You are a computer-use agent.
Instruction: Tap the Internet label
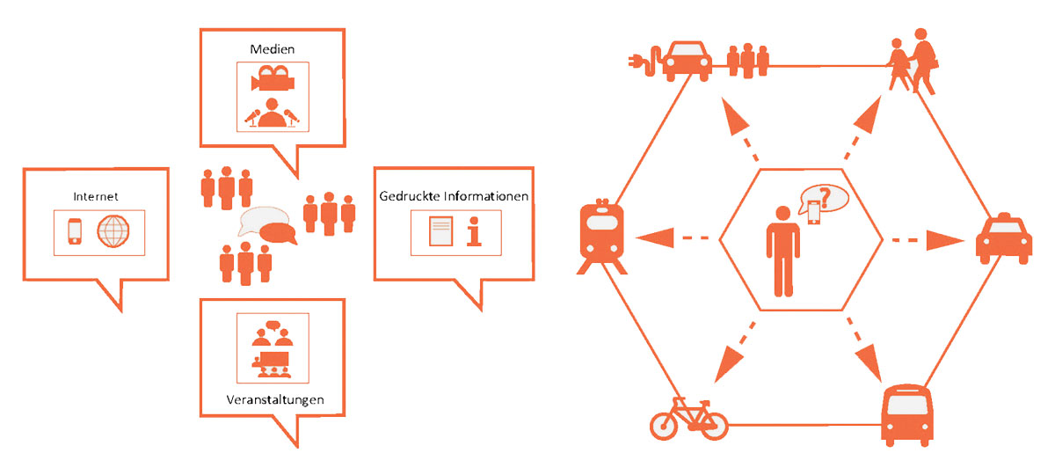pyautogui.click(x=97, y=196)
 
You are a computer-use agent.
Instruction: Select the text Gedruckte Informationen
pyautogui.click(x=454, y=196)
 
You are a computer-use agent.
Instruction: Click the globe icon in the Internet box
pyautogui.click(x=113, y=232)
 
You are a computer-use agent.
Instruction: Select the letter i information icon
pyautogui.click(x=475, y=232)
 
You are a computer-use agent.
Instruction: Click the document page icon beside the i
pyautogui.click(x=440, y=232)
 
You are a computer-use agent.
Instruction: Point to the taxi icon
pyautogui.click(x=1002, y=237)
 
